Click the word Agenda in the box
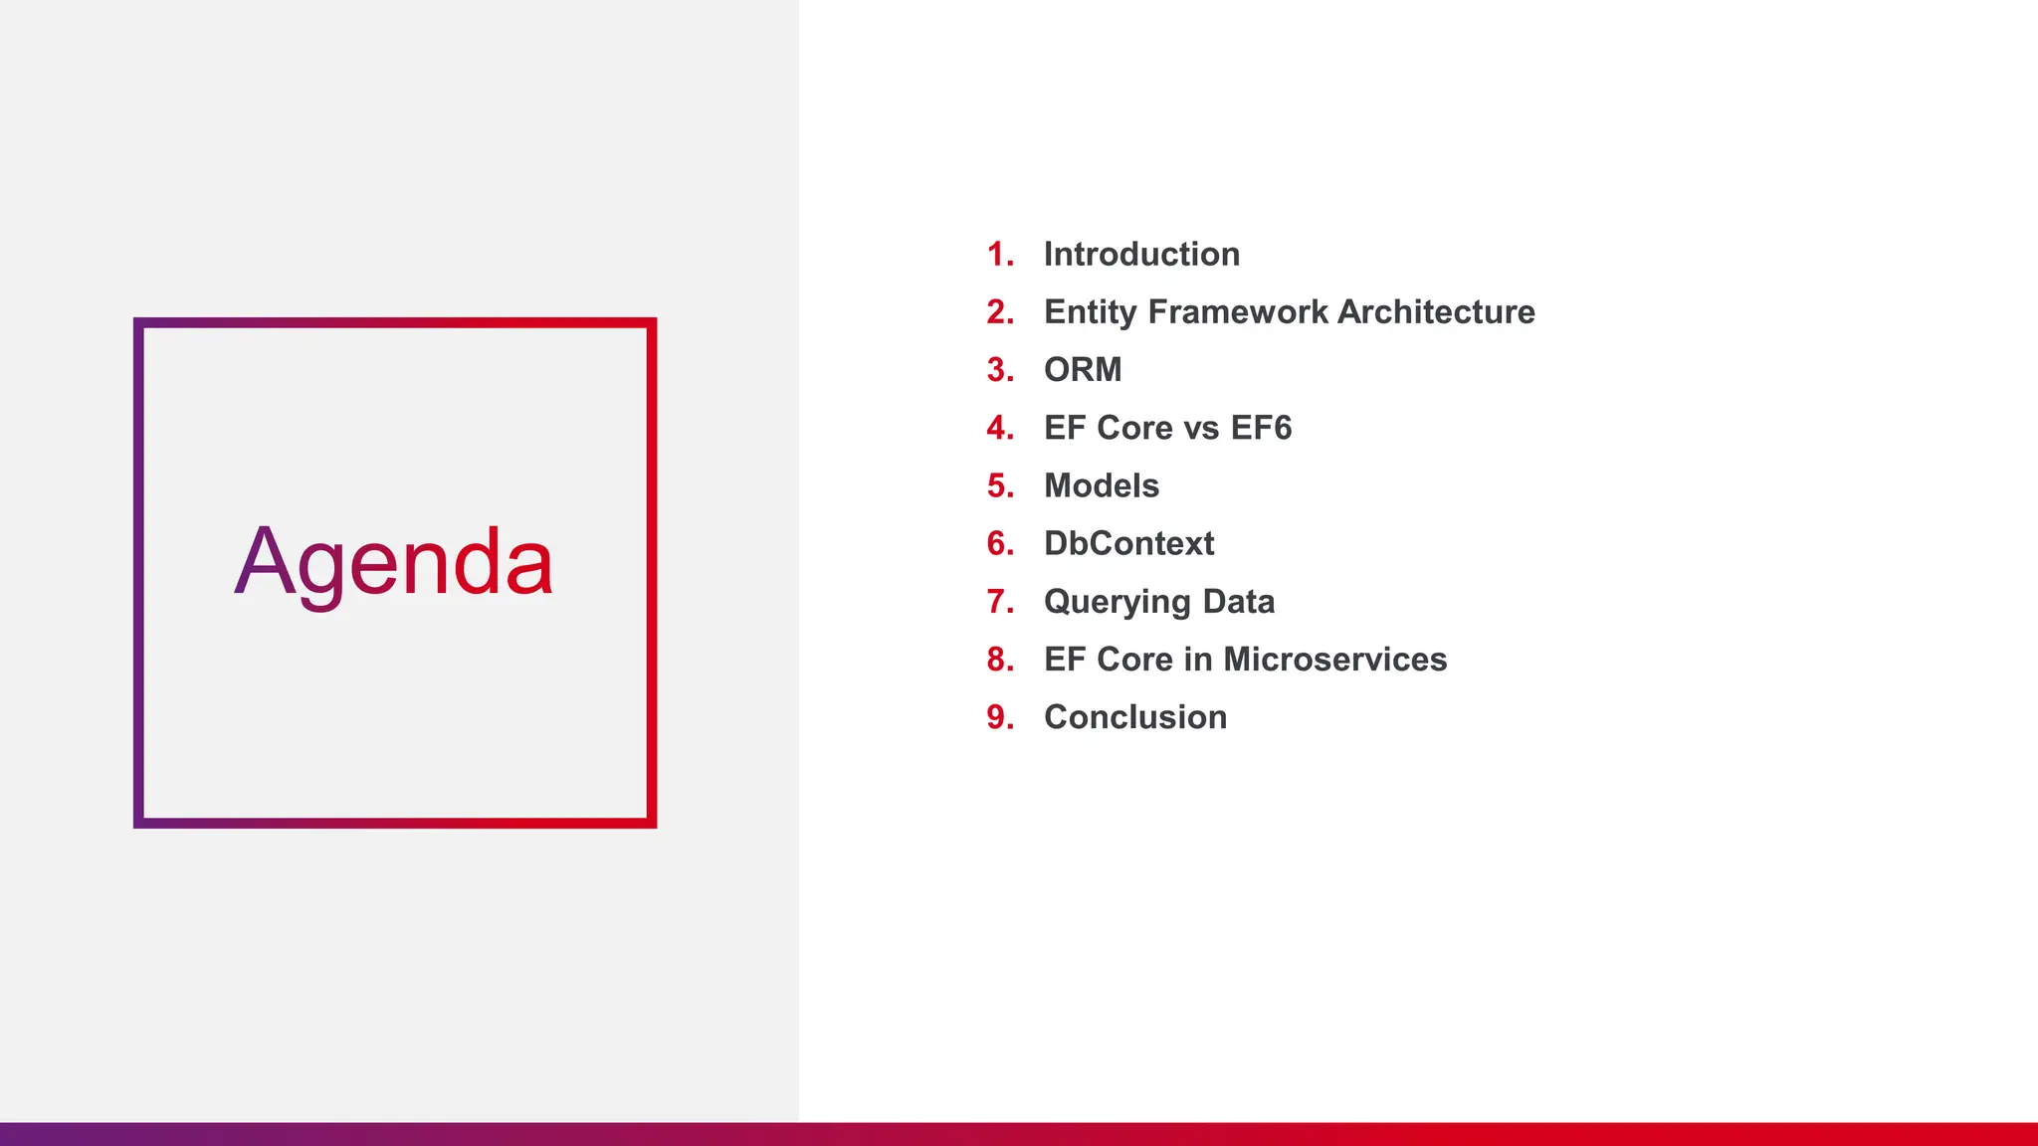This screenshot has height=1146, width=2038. (x=393, y=563)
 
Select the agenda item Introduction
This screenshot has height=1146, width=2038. (x=1141, y=255)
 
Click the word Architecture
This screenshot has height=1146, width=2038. (x=1436, y=312)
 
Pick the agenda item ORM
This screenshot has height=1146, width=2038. (x=1083, y=370)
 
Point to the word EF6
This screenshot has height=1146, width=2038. (x=1261, y=428)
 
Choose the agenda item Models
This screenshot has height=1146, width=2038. (x=1102, y=486)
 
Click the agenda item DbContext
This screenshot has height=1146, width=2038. (x=1128, y=544)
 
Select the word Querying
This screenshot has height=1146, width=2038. (x=1117, y=603)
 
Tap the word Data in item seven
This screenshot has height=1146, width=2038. (x=1238, y=602)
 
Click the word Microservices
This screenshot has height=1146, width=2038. (x=1334, y=660)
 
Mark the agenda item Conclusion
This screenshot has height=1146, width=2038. (x=1134, y=717)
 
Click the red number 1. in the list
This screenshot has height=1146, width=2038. (x=1000, y=255)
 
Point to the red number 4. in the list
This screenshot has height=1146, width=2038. (x=1000, y=429)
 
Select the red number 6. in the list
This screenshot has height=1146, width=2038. (x=1000, y=544)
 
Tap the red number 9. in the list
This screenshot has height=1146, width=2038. (x=1000, y=717)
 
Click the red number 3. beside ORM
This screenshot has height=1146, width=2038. (x=1000, y=370)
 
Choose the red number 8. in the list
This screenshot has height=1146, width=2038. (x=1000, y=660)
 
